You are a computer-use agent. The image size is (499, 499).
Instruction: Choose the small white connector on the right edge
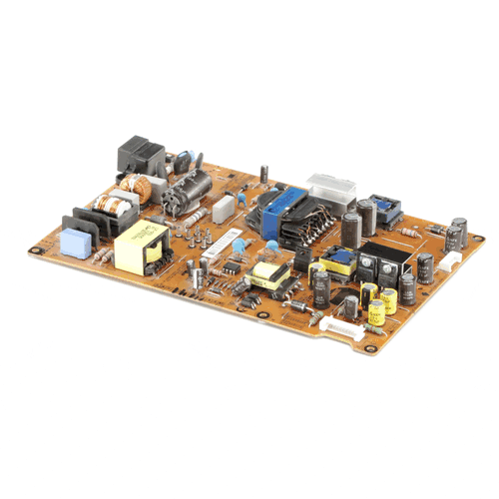point(452,261)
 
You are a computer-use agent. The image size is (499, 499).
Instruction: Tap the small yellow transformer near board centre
point(269,274)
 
